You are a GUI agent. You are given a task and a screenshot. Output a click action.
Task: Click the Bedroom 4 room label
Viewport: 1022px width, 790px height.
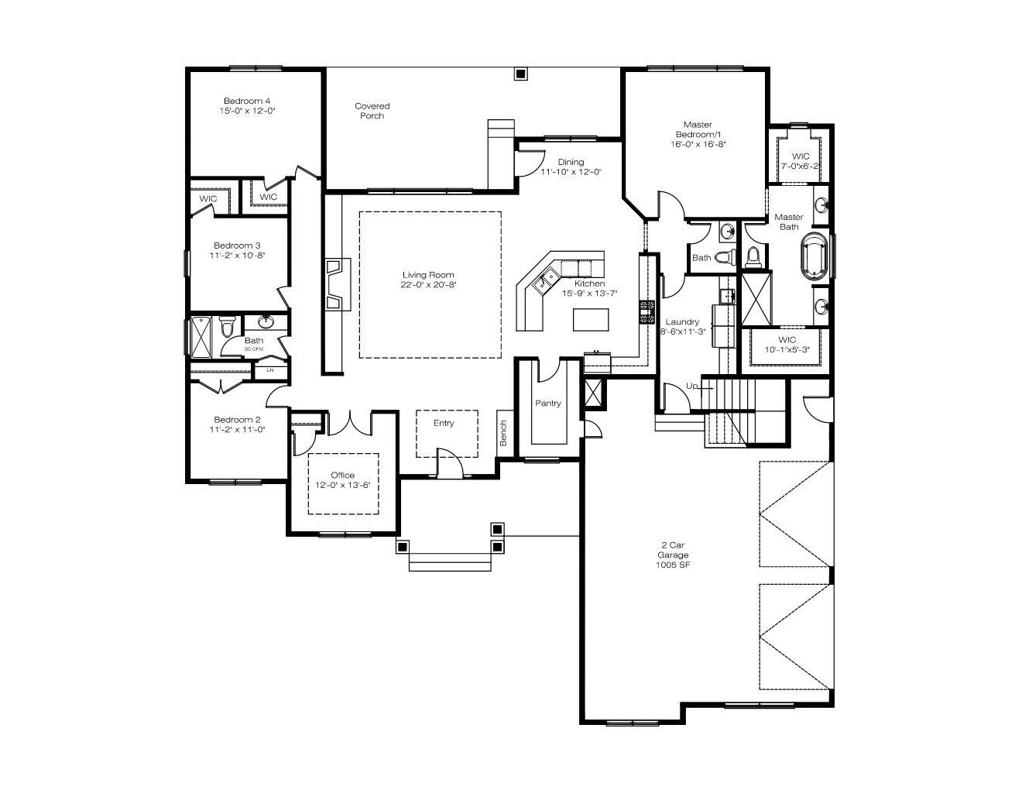point(247,101)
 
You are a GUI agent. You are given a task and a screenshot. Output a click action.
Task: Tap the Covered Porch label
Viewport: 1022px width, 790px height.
point(372,111)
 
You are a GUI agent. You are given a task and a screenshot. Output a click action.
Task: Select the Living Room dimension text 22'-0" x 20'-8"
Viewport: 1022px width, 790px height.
point(428,285)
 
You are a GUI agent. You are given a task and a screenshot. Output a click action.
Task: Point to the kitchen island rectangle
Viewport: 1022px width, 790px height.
point(591,320)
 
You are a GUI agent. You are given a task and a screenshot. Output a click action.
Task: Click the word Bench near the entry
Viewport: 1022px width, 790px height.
point(504,434)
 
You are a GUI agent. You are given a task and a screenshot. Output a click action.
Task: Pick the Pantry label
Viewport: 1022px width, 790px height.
point(548,404)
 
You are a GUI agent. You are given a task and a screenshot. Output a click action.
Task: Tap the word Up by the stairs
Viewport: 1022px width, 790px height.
point(691,386)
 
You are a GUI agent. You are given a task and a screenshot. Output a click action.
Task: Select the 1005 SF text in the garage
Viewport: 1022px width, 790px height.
point(673,565)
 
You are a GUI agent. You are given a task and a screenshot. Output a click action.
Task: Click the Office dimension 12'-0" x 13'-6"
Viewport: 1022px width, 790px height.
point(343,485)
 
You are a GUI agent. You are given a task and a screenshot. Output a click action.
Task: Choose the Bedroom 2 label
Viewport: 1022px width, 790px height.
point(237,420)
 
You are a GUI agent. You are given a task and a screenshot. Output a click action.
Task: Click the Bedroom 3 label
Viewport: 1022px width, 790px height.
point(237,246)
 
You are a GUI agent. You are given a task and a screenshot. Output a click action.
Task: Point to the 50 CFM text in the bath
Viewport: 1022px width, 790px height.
point(254,349)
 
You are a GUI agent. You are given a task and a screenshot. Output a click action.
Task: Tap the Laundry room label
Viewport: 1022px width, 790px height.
point(682,322)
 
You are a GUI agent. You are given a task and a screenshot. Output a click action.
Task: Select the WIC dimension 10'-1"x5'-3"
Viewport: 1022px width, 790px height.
point(787,349)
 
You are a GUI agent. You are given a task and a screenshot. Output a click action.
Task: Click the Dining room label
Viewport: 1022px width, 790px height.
point(571,162)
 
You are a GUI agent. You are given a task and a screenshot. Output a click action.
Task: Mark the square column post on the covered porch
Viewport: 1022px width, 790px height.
point(520,74)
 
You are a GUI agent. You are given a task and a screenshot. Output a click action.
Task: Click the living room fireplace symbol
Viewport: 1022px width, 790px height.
point(338,284)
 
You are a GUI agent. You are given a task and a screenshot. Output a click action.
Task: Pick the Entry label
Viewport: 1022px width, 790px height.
point(444,423)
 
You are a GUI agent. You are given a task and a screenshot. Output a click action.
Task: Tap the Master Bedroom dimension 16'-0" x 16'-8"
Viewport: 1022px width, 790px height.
point(698,144)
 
